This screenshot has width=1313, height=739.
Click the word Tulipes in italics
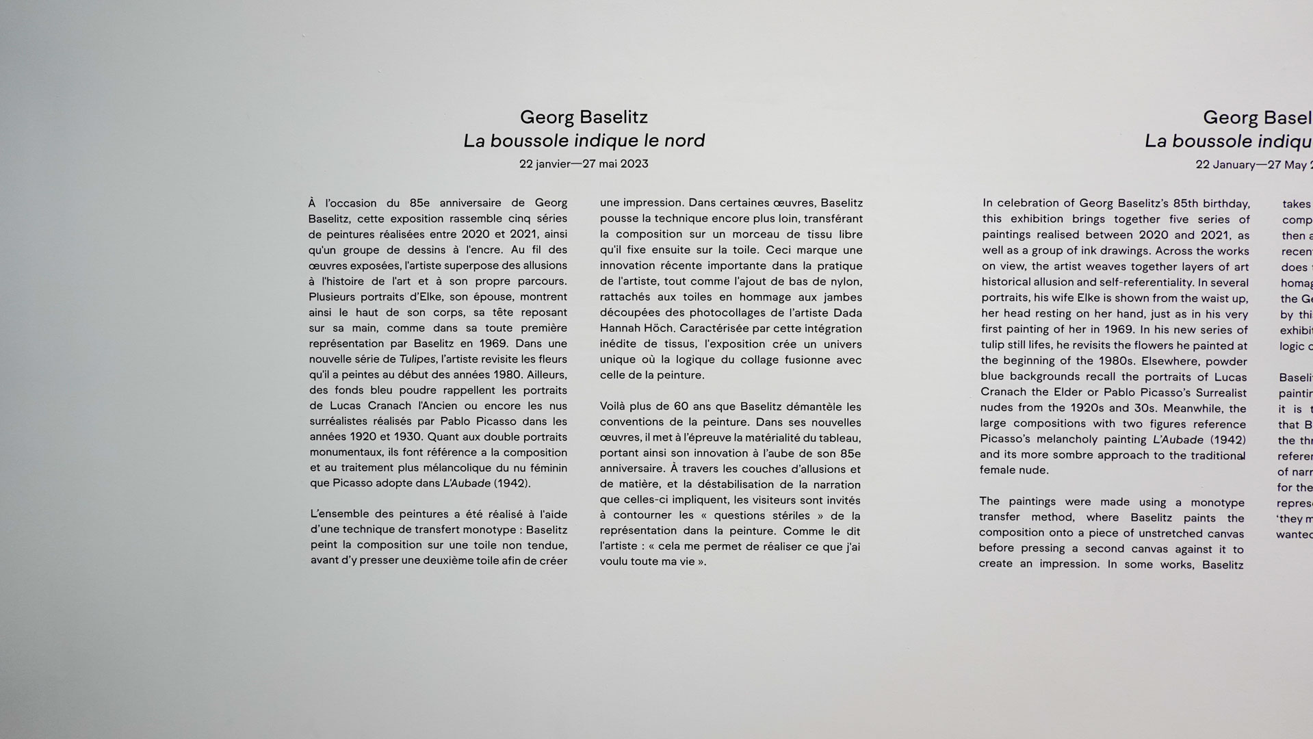point(417,359)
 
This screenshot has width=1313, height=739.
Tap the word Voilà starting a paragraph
point(614,406)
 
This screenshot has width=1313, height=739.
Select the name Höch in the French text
point(658,328)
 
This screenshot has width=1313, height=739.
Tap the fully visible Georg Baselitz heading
point(584,117)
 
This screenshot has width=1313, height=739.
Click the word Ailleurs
point(547,375)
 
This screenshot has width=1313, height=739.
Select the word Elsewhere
point(1173,361)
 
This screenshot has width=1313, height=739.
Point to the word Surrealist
point(1221,393)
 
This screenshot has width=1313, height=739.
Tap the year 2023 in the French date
point(634,164)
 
